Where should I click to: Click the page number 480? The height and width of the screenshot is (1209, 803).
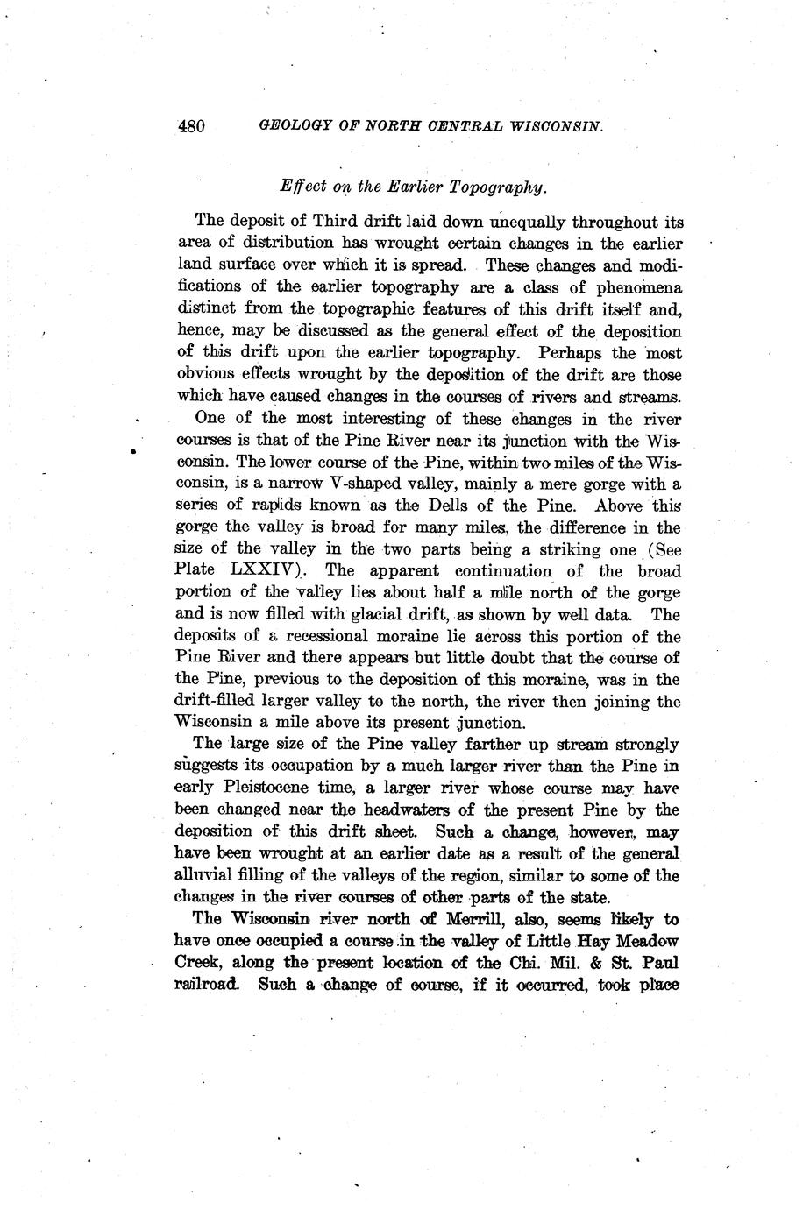[191, 126]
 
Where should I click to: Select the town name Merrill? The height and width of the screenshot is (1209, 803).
[481, 919]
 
